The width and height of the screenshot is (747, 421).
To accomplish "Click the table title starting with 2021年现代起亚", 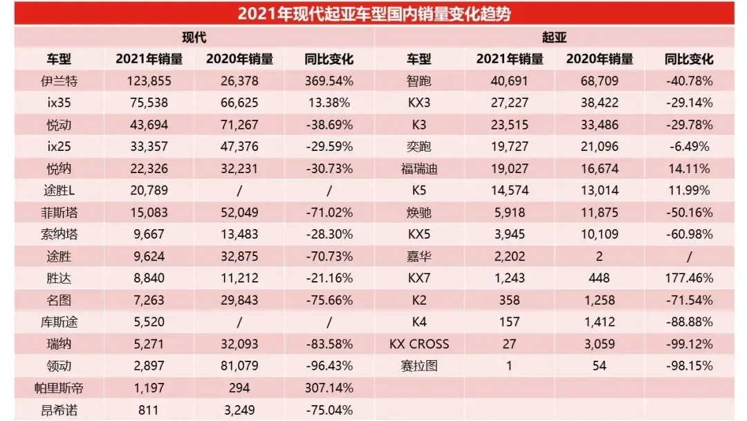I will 374,14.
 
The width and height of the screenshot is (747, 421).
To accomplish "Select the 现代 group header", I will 194,37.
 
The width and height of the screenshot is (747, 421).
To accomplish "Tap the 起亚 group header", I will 554,37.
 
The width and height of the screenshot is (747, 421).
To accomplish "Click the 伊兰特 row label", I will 59,82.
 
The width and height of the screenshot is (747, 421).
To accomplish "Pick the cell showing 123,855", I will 149,82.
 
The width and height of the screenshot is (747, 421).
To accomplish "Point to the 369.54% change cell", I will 329,82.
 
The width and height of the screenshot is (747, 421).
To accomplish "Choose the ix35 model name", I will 59,103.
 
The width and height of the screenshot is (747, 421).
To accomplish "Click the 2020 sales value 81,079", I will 239,366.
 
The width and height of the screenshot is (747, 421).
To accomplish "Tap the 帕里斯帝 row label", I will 59,388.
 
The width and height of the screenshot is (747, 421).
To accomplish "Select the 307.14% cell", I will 329,388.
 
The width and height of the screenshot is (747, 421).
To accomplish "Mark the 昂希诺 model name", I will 59,410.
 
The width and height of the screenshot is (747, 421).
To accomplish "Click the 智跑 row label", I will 419,82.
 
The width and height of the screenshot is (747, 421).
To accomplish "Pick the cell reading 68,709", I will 599,82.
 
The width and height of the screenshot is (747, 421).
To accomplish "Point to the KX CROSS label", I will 419,343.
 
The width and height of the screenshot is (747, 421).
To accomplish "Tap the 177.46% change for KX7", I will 689,278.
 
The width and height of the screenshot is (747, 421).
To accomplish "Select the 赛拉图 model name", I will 419,366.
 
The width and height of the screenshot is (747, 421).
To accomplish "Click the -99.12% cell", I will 689,343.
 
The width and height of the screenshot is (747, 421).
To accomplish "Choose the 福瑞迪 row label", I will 419,169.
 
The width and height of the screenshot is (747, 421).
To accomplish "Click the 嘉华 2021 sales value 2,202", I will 509,256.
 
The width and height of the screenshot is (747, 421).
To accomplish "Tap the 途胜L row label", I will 59,190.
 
